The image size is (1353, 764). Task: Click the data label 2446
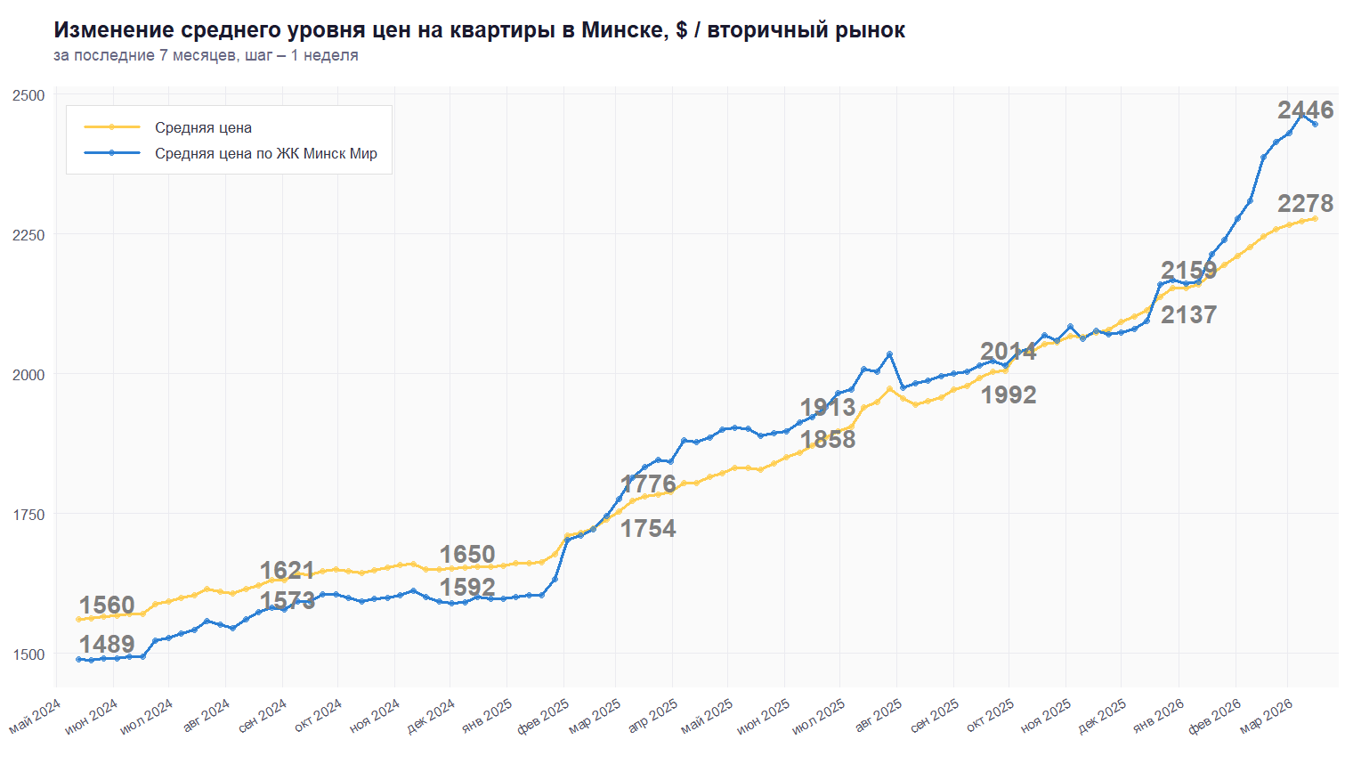[1305, 110]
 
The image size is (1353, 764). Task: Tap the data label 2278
[1305, 204]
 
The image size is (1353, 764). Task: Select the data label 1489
[107, 645]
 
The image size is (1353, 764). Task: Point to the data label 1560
[107, 606]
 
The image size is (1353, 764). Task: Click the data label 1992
[1009, 395]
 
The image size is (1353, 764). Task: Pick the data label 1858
[828, 440]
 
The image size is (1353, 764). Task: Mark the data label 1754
[648, 529]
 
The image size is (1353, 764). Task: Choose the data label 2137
[1188, 315]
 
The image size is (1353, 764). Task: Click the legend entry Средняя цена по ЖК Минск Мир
[265, 153]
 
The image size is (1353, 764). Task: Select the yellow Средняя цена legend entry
[203, 127]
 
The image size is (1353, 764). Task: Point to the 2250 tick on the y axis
[28, 235]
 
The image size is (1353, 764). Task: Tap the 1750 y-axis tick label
[28, 515]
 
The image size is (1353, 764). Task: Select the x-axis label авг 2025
[879, 715]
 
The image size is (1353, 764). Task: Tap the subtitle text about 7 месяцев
[206, 55]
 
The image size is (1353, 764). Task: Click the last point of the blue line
[1315, 124]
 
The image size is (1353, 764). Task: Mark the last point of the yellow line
[1315, 218]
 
